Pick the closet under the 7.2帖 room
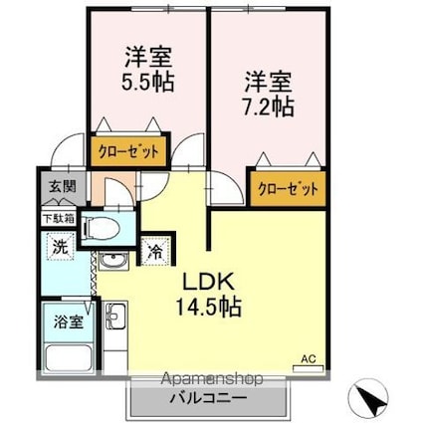[288, 188]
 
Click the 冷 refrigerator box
[155, 251]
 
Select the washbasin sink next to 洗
[110, 264]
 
